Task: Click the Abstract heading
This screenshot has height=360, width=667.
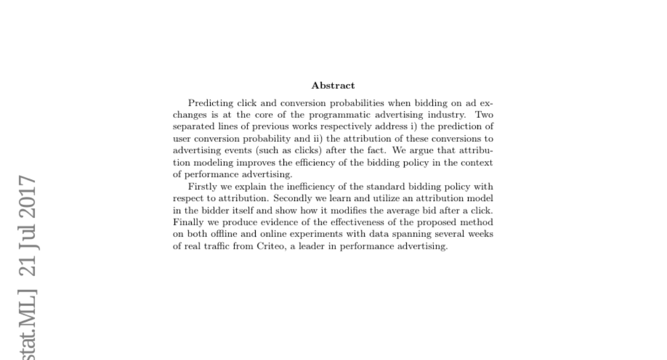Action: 333,86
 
